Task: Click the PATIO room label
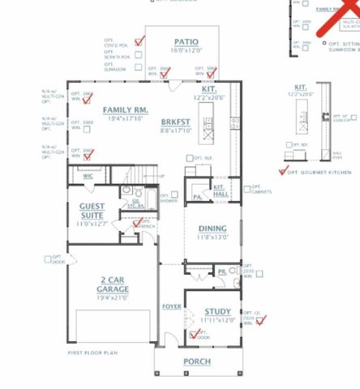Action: (x=186, y=41)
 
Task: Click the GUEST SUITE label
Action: (x=96, y=210)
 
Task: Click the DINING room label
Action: (x=213, y=229)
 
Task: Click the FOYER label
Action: (x=171, y=306)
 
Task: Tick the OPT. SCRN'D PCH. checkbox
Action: (x=137, y=55)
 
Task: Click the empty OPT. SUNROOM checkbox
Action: (x=137, y=69)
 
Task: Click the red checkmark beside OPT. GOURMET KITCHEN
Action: (x=283, y=171)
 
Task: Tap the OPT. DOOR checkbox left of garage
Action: (x=47, y=259)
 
